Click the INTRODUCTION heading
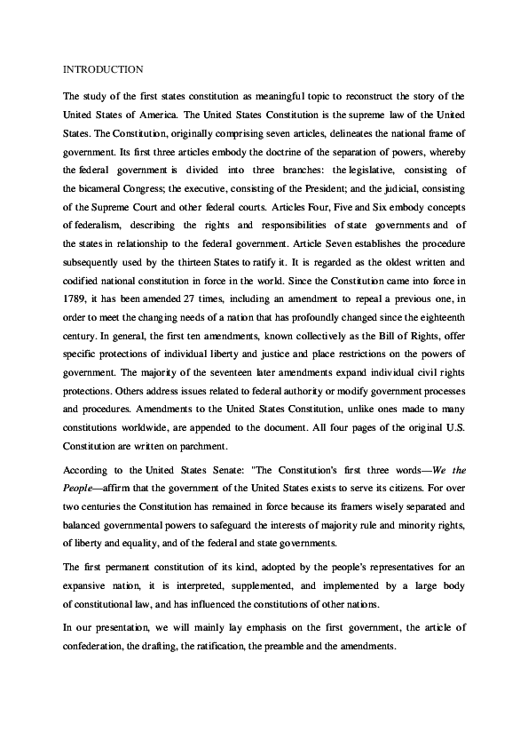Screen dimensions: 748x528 point(103,68)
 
